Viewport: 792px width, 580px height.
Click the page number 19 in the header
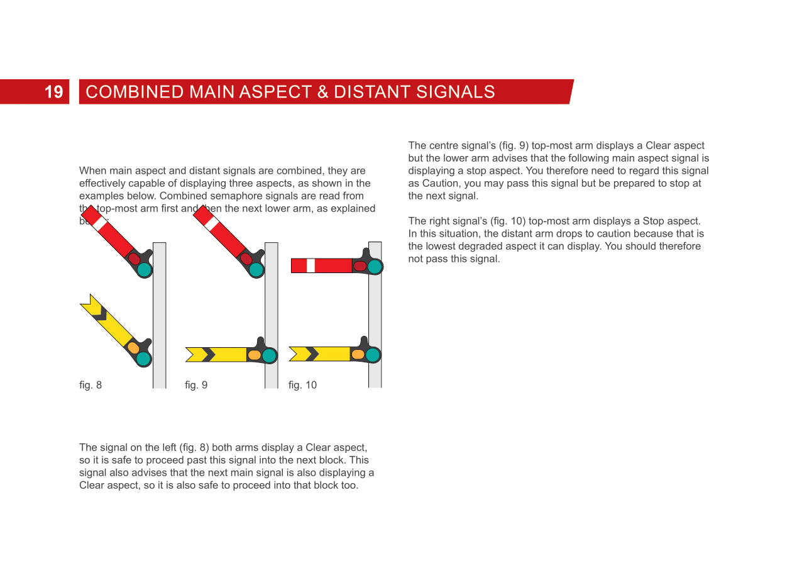click(x=54, y=92)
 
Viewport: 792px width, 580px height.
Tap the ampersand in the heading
click(x=323, y=92)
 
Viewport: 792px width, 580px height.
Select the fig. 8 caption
click(x=91, y=385)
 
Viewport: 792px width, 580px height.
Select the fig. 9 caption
click(x=196, y=385)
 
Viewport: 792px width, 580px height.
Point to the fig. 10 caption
click(x=302, y=385)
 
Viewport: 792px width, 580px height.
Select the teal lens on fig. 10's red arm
click(x=375, y=267)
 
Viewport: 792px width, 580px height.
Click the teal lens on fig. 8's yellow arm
click(x=144, y=359)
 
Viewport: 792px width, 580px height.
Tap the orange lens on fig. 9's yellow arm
click(x=254, y=355)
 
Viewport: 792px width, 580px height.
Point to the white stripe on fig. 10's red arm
click(x=311, y=265)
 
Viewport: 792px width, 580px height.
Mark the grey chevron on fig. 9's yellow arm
click(x=208, y=355)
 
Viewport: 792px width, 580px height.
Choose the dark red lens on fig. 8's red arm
click(x=135, y=259)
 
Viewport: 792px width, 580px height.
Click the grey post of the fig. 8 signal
click(x=160, y=315)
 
